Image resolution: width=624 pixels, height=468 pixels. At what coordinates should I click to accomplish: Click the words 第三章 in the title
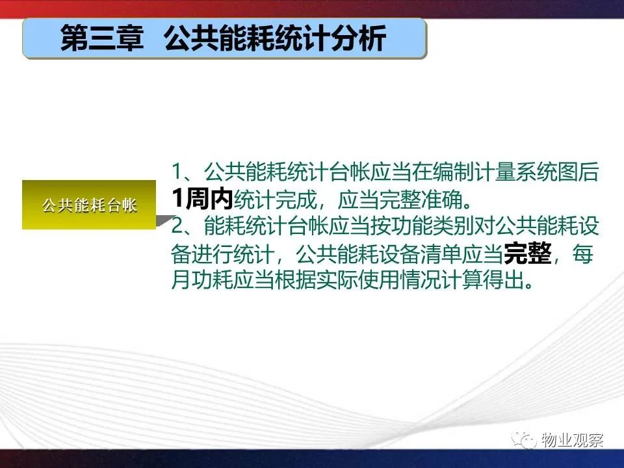102,38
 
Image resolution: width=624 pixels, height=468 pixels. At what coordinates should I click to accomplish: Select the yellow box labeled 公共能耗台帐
89,205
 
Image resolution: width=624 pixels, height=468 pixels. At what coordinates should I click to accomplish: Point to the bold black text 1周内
202,199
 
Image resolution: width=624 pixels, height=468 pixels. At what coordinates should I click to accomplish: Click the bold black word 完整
528,253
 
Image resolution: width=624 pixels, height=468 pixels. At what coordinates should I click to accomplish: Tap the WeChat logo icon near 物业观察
525,440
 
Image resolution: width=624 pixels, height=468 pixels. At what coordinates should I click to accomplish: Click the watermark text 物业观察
572,440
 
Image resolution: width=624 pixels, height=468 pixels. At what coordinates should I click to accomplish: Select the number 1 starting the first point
177,172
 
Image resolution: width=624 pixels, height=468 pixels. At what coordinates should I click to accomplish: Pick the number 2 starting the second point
177,226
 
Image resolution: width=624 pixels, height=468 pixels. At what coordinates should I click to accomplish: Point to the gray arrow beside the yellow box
164,220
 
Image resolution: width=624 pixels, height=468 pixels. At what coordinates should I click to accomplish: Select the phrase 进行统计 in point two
233,253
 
